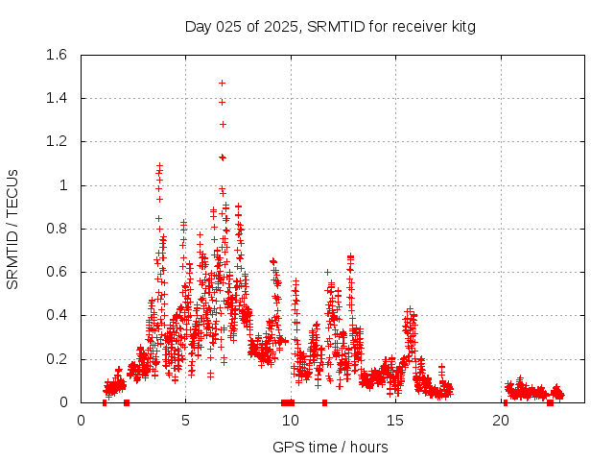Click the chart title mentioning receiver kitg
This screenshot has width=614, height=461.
point(330,27)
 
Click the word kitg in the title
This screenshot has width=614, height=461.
point(460,27)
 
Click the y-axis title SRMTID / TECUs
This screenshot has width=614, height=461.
point(13,229)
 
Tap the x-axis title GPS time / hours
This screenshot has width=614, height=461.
point(330,447)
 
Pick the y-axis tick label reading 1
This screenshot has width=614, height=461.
point(63,185)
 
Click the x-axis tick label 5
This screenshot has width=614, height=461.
point(186,420)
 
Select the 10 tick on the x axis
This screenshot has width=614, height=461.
point(291,420)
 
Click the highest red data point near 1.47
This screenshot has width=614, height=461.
point(222,83)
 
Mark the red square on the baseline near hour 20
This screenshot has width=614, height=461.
point(506,402)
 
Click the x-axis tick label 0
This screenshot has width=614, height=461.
point(82,420)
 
